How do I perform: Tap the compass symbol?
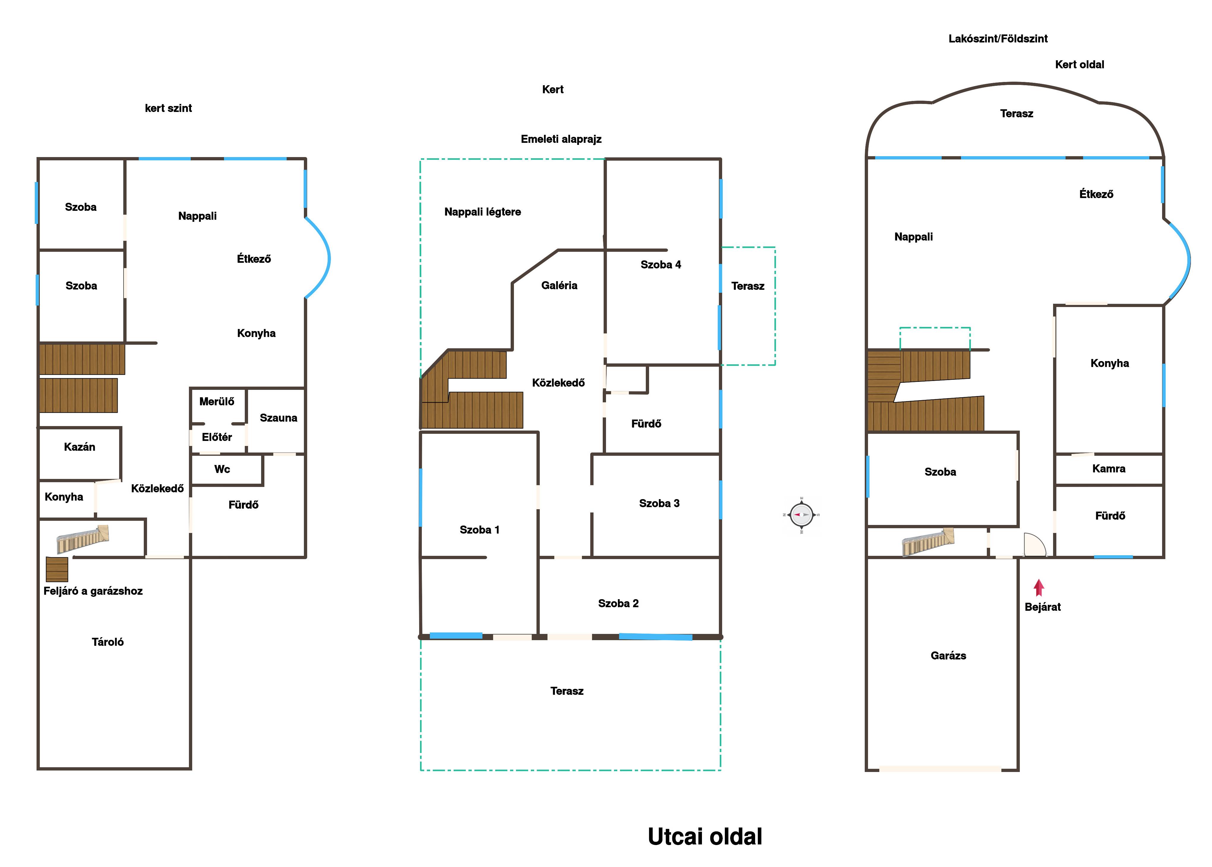801,515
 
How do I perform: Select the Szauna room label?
278,418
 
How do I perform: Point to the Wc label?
222,469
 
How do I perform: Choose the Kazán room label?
80,447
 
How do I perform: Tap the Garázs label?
948,656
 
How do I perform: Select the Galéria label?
559,286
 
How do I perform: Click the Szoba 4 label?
661,265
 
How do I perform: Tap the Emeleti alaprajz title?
561,139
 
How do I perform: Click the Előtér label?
217,437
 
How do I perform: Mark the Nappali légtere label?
482,212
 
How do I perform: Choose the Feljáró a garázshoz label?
93,591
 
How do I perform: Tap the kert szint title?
168,108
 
